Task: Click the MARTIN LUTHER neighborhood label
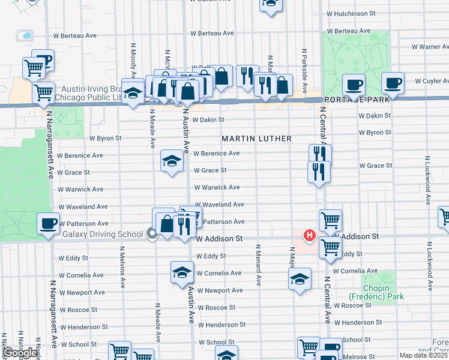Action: [256, 139]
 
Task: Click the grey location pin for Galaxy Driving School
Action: [152, 234]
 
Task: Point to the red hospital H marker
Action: [309, 236]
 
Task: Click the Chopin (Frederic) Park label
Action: [376, 292]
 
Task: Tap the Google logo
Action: [20, 353]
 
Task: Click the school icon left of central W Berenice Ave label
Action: [172, 161]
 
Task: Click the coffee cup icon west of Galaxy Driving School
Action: [48, 224]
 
